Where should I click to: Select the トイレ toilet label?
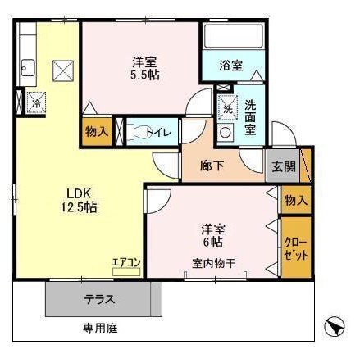pyautogui.click(x=157, y=131)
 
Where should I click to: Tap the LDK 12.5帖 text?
pyautogui.click(x=82, y=201)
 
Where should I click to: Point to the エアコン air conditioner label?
pyautogui.click(x=127, y=262)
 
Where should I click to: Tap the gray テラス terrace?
pyautogui.click(x=98, y=299)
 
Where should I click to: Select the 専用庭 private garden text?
pyautogui.click(x=100, y=328)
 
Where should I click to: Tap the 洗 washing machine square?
pyautogui.click(x=227, y=107)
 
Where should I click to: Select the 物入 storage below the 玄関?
pyautogui.click(x=295, y=200)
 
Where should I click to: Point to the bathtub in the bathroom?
pyautogui.click(x=232, y=37)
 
